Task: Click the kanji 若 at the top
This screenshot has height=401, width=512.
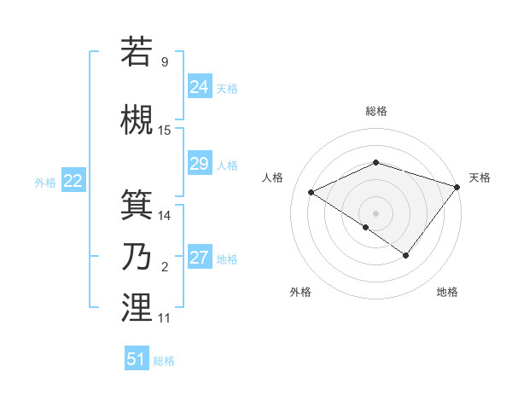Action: (137, 50)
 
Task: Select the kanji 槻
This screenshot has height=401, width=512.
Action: (137, 119)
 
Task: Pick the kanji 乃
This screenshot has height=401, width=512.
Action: (137, 256)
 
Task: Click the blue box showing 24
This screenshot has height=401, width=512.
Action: (200, 87)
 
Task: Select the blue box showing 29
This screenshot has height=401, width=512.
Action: (200, 164)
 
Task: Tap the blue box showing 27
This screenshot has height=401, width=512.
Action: (200, 258)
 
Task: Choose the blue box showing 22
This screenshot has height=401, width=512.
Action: (73, 180)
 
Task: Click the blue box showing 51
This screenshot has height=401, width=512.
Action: (137, 359)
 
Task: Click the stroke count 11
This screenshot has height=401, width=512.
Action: (165, 318)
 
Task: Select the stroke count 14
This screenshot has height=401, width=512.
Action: (165, 216)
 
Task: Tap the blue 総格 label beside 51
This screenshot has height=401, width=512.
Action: (164, 361)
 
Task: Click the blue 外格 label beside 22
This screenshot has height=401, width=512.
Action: (45, 182)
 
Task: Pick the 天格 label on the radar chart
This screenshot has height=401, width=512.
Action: (480, 177)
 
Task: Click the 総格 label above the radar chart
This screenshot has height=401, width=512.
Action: (375, 111)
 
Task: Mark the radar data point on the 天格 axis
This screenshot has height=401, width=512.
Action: (457, 187)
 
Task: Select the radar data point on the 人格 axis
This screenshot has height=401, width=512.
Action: (311, 192)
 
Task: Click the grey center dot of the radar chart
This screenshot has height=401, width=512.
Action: (375, 212)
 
